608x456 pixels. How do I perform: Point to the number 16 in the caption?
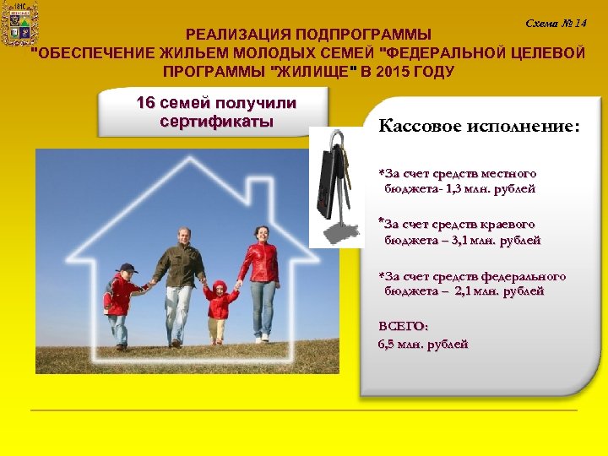point(146,103)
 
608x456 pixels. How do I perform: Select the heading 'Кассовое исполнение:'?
point(479,127)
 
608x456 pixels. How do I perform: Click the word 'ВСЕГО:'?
point(403,326)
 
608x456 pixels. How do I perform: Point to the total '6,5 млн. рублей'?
point(422,344)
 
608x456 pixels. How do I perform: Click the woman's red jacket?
point(259,261)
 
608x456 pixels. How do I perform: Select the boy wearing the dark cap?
point(122,300)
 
